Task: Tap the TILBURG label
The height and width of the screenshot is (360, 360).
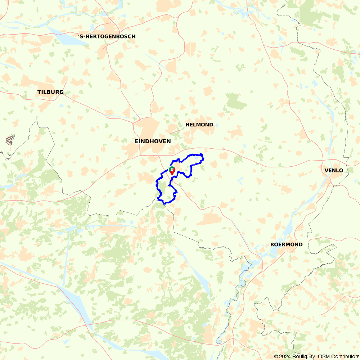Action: coord(50,92)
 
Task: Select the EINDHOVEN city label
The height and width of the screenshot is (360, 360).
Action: coord(153,141)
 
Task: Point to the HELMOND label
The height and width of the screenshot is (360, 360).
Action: coord(199,125)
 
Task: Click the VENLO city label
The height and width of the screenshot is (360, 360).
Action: coord(334,170)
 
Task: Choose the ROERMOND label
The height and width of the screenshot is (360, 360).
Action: coord(286,244)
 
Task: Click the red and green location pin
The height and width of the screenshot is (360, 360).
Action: coord(172,171)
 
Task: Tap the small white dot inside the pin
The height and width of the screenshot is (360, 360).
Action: coord(172,169)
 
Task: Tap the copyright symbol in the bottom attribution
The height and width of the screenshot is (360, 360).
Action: coord(276,356)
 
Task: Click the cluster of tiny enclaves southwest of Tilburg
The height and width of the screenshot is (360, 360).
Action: coord(10,140)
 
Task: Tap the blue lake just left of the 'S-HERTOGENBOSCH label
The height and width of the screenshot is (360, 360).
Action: coord(70,39)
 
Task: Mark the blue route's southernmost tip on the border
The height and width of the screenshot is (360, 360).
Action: coord(165,204)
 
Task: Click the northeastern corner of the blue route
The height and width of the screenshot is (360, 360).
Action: coord(203,155)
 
